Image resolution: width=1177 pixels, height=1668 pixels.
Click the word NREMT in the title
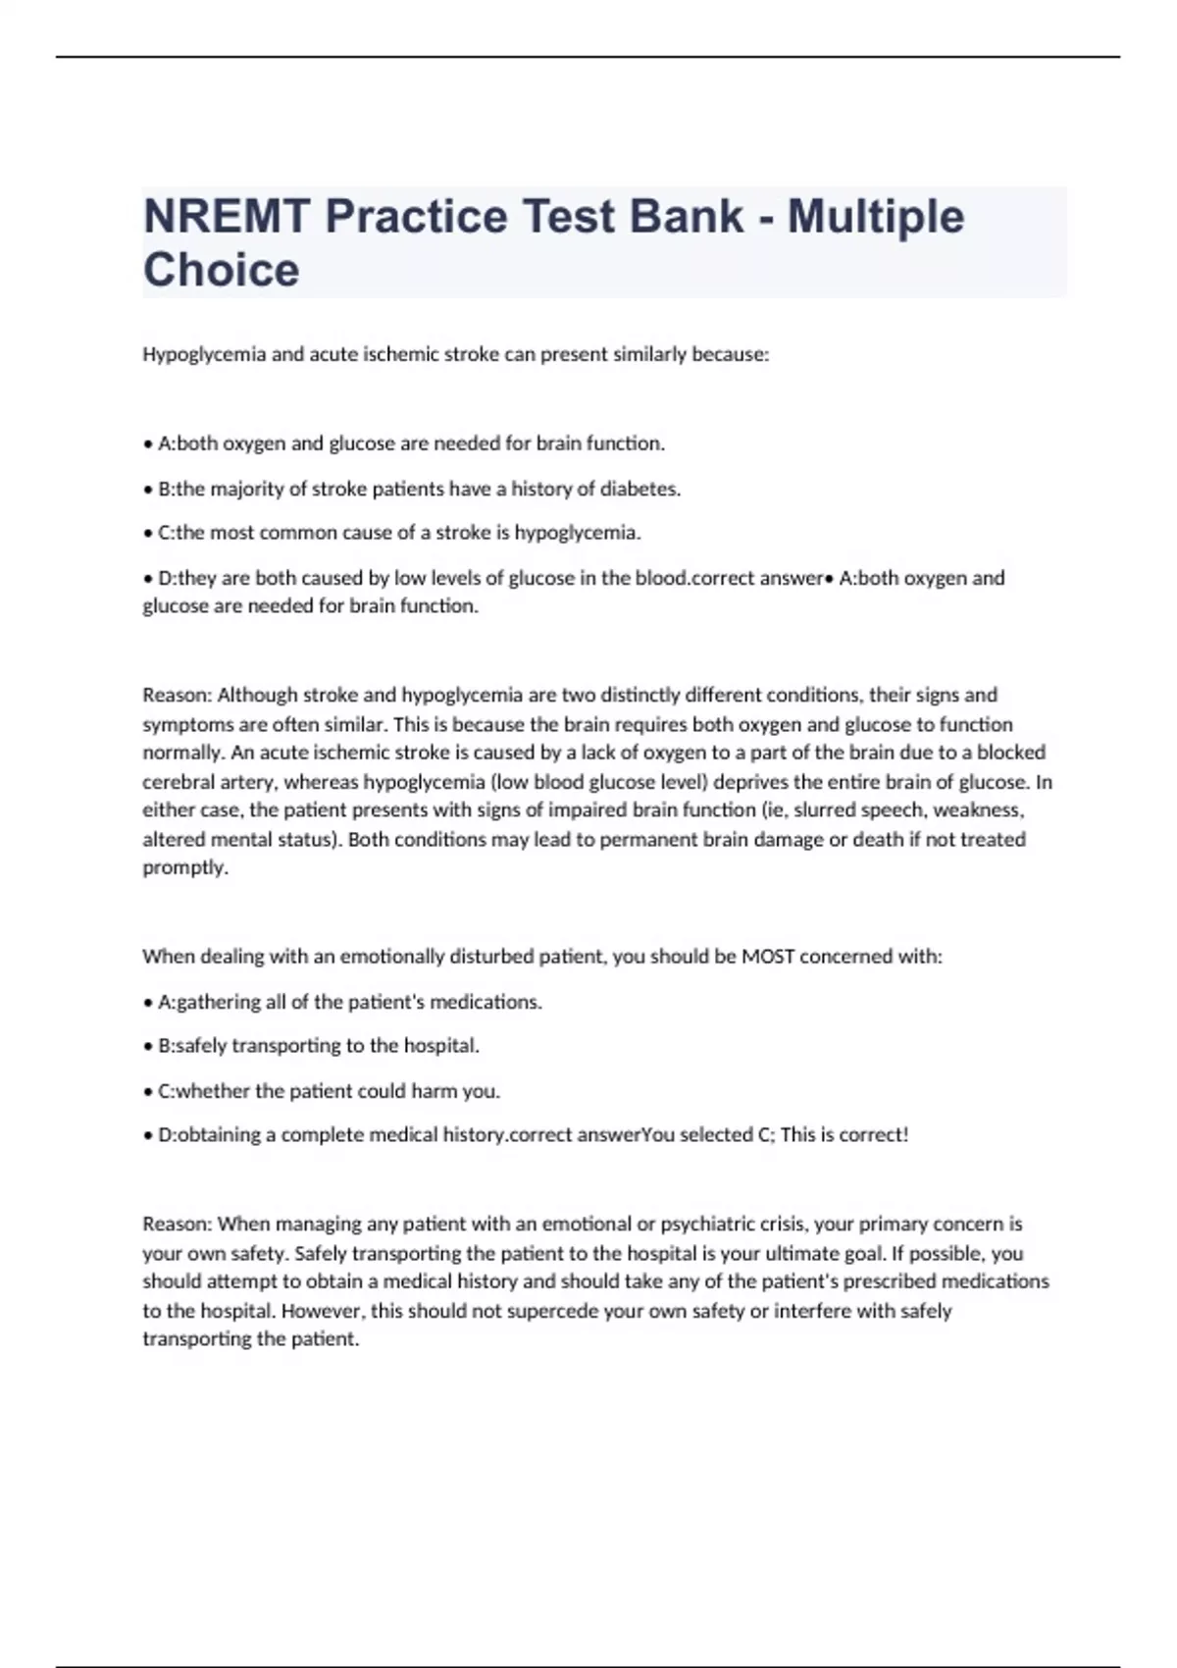[227, 217]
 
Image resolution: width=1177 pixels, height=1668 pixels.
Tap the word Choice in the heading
[222, 270]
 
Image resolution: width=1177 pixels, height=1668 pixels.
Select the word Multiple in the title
[876, 217]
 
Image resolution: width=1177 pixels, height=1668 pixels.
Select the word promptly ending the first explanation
[184, 868]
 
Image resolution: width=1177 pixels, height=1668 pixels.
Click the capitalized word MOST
[768, 957]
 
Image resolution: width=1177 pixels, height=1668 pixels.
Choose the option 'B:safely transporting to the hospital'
[319, 1046]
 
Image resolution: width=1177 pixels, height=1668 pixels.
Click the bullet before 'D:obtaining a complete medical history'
[148, 1135]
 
